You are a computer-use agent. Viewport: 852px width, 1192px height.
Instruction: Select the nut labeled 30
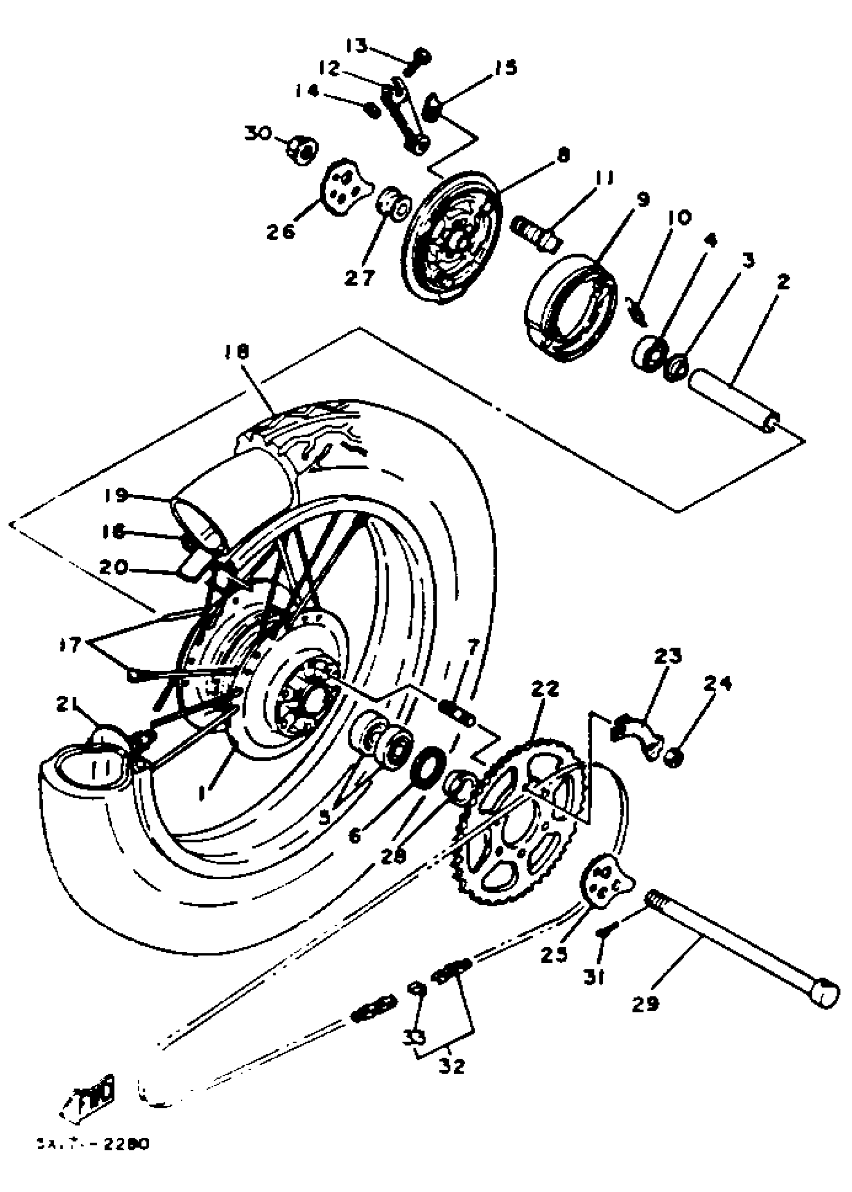click(303, 148)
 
